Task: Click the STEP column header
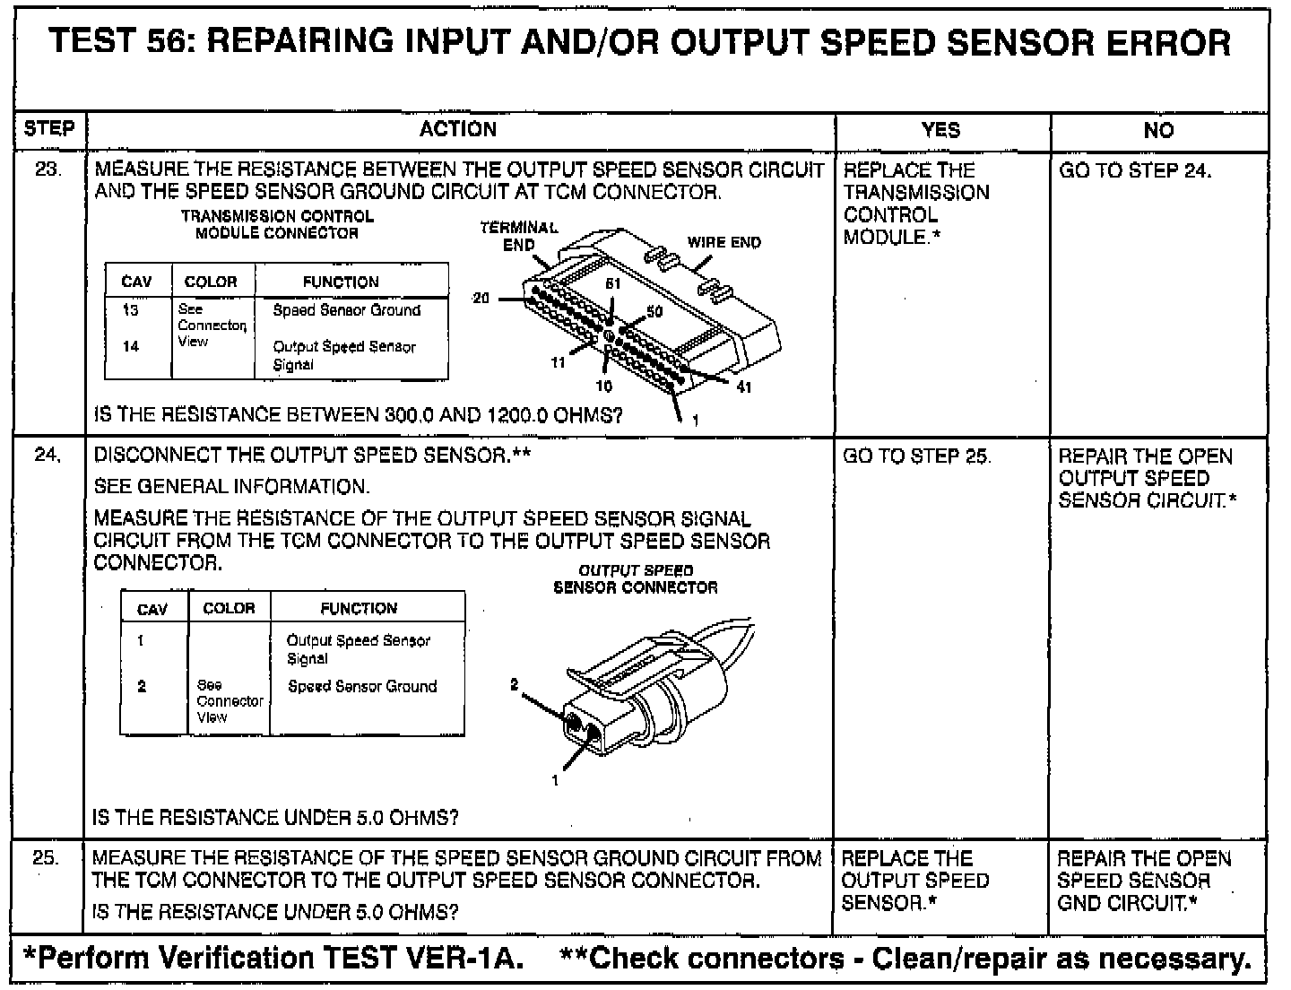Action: coord(49,128)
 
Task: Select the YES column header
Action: coord(940,130)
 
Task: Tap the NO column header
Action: coord(1158,130)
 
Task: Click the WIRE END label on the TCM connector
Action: coord(723,242)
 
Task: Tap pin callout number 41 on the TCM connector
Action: coord(744,387)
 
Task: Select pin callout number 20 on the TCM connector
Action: coord(481,298)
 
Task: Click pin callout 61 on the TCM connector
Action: coord(612,283)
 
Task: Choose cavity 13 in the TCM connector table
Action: coord(131,309)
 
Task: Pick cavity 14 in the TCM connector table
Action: coord(131,346)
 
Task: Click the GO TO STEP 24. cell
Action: coord(1135,170)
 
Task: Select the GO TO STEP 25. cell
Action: coord(917,456)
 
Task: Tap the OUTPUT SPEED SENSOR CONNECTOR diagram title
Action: coord(635,578)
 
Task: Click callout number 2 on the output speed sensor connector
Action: coord(514,684)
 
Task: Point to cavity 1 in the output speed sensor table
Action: coord(141,640)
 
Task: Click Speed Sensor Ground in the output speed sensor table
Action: coord(362,686)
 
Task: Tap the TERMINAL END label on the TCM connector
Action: coord(519,236)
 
